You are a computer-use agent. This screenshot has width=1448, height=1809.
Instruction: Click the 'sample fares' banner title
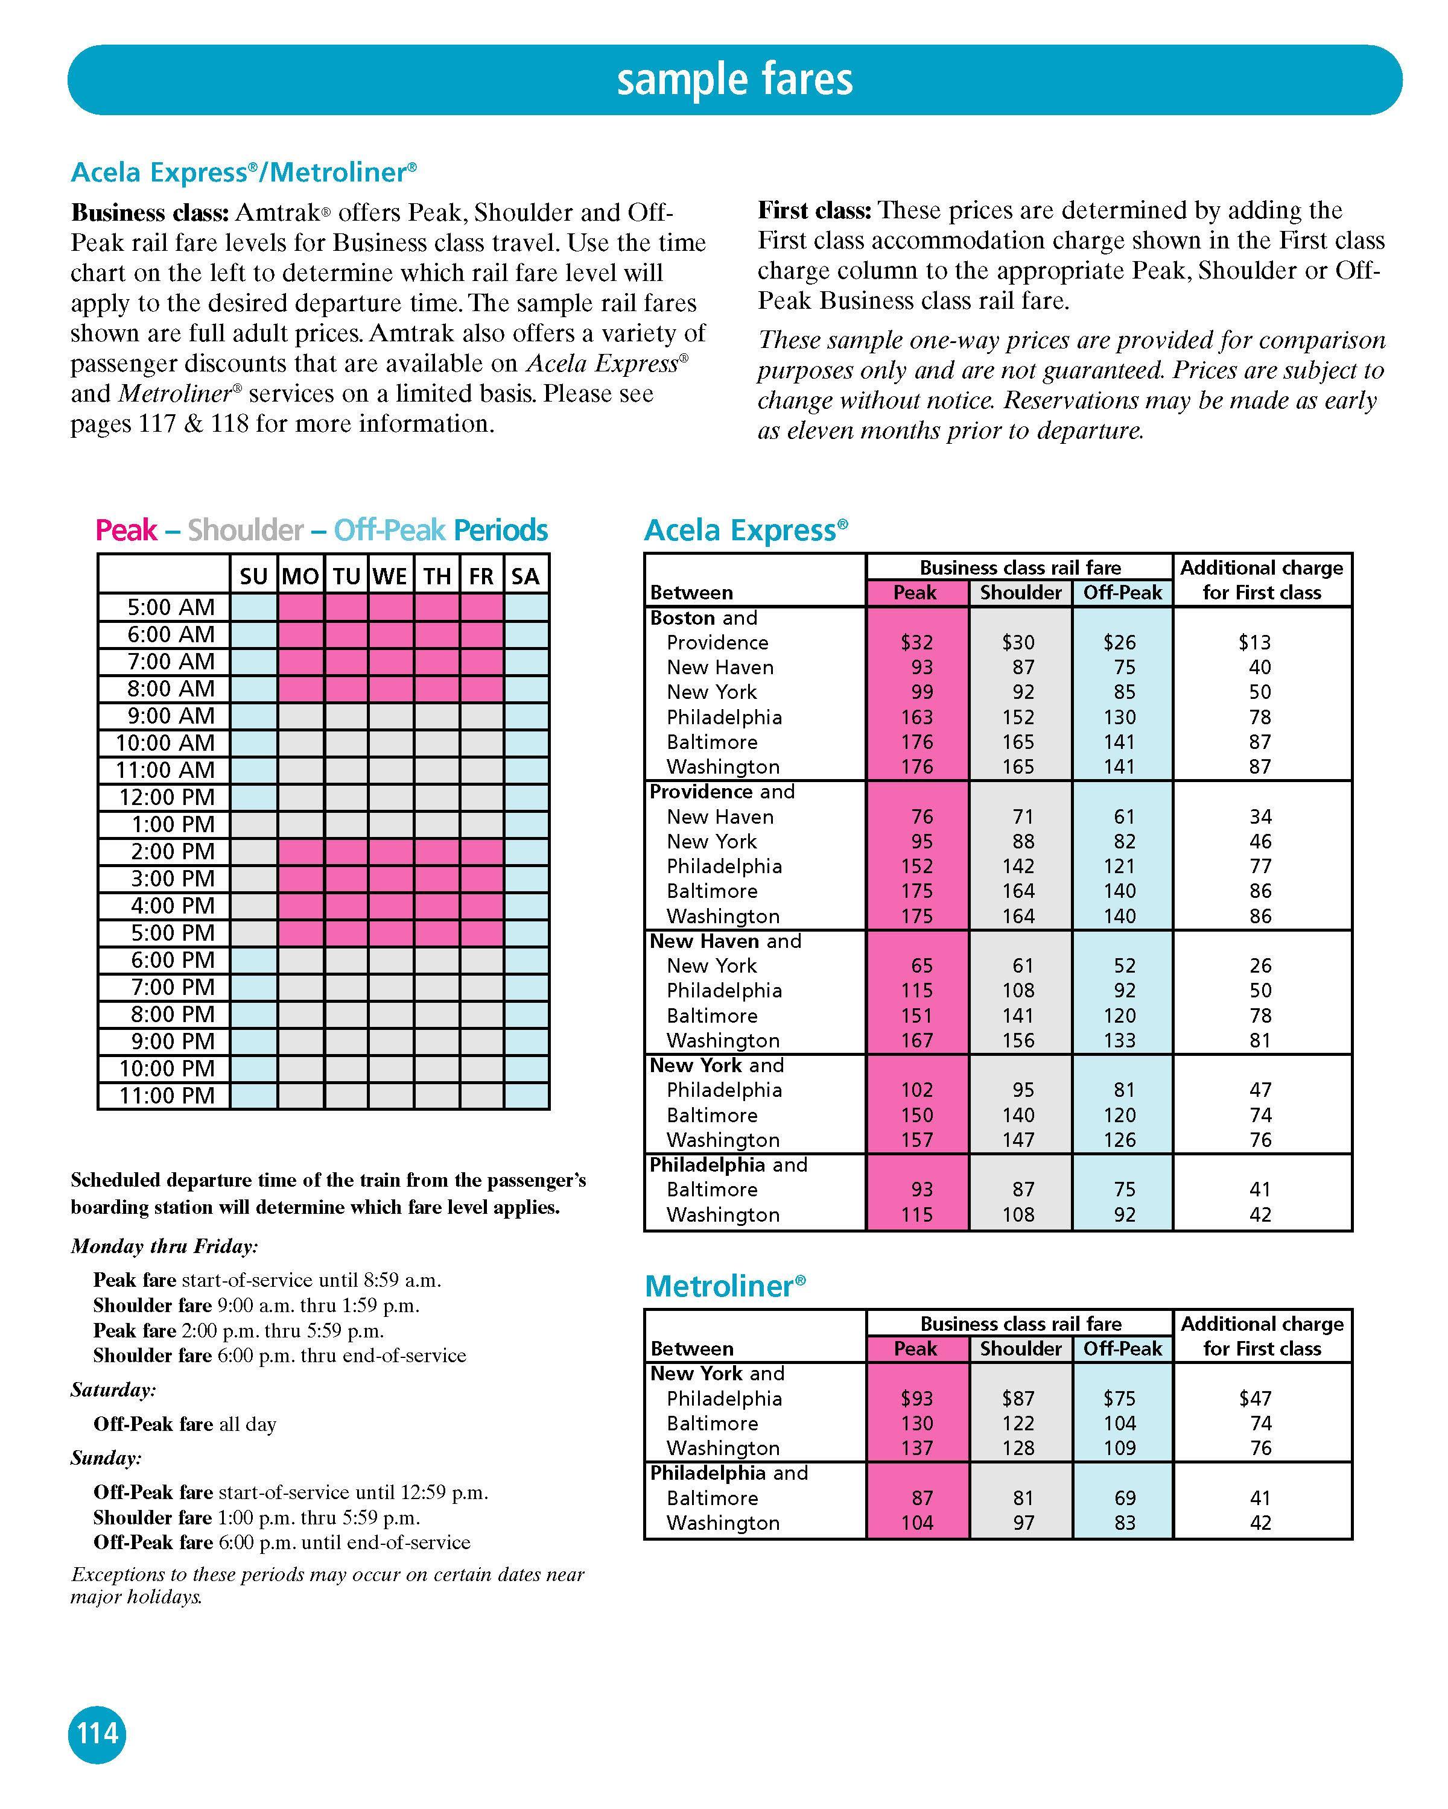pyautogui.click(x=734, y=80)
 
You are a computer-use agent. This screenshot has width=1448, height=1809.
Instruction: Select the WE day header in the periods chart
pyautogui.click(x=390, y=576)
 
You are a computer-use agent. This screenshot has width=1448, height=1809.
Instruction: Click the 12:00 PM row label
pyautogui.click(x=171, y=797)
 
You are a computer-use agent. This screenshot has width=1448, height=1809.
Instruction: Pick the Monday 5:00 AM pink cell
pyautogui.click(x=301, y=607)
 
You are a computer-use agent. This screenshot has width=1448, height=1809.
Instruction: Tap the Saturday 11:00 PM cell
pyautogui.click(x=526, y=1096)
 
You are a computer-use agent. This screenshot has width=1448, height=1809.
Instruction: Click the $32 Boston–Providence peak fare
pyautogui.click(x=916, y=643)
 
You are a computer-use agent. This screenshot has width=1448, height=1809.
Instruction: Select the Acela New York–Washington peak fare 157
pyautogui.click(x=916, y=1140)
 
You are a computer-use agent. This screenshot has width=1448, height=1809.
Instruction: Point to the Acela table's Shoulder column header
pyautogui.click(x=1020, y=593)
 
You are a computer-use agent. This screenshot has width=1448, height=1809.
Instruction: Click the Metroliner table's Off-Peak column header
pyautogui.click(x=1122, y=1348)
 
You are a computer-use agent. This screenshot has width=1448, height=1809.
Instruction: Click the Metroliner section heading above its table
pyautogui.click(x=725, y=1286)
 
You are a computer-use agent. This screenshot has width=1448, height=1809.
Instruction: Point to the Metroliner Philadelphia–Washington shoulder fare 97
pyautogui.click(x=1023, y=1523)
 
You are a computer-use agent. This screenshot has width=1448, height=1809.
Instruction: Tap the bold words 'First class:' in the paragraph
pyautogui.click(x=815, y=210)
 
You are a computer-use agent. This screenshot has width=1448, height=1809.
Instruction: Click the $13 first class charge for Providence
pyautogui.click(x=1254, y=643)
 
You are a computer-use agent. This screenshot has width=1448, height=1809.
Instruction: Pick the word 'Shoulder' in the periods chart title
pyautogui.click(x=245, y=530)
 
